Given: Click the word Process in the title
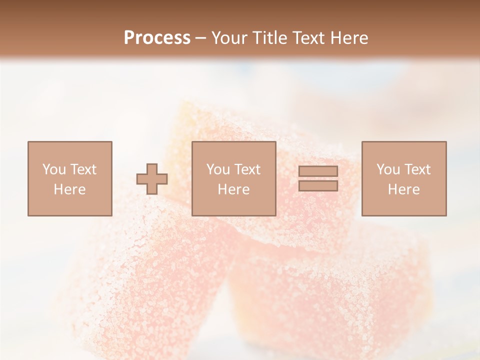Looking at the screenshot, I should click(x=157, y=38).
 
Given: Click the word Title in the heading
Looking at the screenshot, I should click(x=271, y=38).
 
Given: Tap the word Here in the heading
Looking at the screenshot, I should click(x=349, y=38).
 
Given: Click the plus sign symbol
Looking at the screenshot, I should click(x=152, y=179).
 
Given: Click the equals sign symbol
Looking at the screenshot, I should click(x=318, y=178).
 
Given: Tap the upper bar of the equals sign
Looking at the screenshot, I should click(x=318, y=171).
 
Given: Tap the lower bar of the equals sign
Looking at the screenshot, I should click(x=318, y=185).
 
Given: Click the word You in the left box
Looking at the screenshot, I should click(x=54, y=169).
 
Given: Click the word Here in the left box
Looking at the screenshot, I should click(x=69, y=189).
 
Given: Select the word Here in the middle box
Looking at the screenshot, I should click(x=233, y=189).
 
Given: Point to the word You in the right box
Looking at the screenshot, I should click(x=388, y=169).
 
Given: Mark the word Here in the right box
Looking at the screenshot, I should click(x=403, y=189).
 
